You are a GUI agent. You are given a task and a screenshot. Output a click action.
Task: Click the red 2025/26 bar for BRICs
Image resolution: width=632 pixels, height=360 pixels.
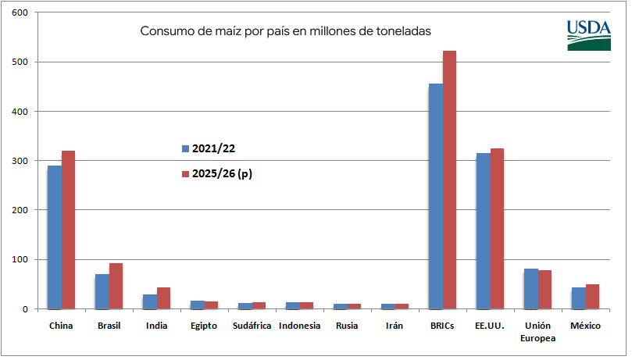click(449, 180)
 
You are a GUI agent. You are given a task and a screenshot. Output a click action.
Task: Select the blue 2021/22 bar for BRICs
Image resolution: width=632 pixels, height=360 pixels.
click(435, 196)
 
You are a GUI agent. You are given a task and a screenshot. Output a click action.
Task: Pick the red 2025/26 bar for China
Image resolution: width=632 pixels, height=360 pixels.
click(68, 230)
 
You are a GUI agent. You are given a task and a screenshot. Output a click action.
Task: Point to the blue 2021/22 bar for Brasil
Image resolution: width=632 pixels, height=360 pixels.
click(102, 291)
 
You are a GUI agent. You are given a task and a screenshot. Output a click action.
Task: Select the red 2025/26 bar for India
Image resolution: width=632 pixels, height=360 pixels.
click(163, 298)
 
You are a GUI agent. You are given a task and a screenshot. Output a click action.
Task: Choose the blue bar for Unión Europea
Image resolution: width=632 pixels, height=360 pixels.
click(531, 288)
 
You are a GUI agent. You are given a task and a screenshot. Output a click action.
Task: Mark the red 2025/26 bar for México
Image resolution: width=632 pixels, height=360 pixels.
click(592, 296)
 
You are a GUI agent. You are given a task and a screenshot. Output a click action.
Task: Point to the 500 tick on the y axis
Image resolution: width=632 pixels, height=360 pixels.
click(20, 62)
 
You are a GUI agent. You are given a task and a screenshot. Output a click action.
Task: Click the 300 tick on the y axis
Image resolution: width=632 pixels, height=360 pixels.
click(20, 161)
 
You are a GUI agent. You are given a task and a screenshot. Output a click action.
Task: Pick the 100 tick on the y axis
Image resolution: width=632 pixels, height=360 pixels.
click(20, 259)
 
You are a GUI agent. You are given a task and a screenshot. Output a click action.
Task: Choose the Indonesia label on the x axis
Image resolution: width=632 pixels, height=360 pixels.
click(299, 326)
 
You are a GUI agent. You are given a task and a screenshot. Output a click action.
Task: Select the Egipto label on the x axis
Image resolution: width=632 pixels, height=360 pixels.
click(204, 326)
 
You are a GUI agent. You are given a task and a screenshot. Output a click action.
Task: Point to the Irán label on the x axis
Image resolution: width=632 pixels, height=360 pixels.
click(394, 326)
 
